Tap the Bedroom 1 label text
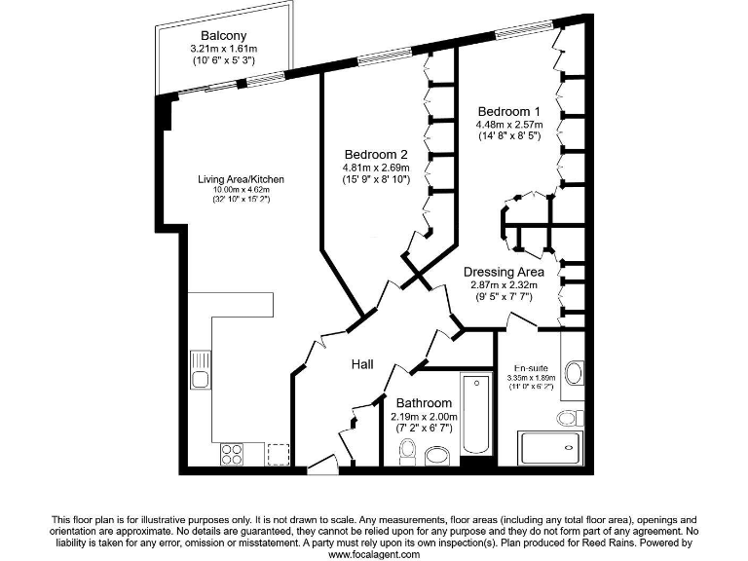(x=507, y=111)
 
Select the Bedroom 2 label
(x=375, y=154)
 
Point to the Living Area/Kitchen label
(x=241, y=179)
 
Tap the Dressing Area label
(x=503, y=272)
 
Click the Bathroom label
(x=424, y=402)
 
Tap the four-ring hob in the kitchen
(x=233, y=453)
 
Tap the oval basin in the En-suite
(x=573, y=374)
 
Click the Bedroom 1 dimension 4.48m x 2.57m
(x=507, y=125)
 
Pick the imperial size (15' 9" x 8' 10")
(x=375, y=180)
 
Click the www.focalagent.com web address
(x=374, y=554)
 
